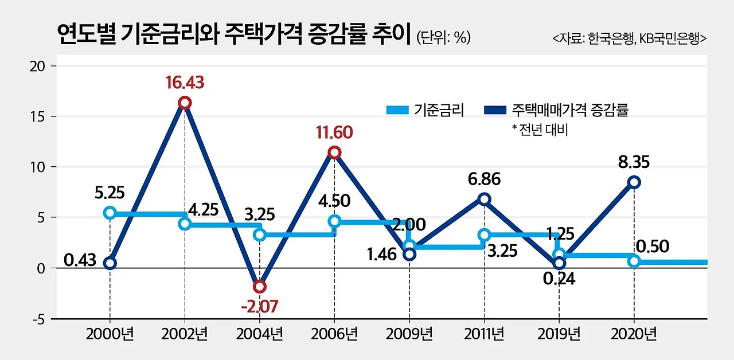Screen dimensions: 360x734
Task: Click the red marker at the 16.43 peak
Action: point(185,103)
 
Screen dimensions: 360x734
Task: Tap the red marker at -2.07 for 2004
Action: point(260,287)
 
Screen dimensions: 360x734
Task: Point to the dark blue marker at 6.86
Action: point(485,199)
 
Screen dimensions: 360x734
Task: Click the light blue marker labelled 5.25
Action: point(110,213)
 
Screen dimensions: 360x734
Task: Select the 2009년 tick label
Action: point(409,334)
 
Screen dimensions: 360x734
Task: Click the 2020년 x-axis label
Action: point(634,334)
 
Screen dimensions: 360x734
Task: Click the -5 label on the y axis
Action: point(38,319)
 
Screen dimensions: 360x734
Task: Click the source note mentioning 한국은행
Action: point(630,39)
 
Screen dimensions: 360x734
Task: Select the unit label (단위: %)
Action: point(444,38)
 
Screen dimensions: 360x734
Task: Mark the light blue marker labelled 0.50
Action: point(634,261)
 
